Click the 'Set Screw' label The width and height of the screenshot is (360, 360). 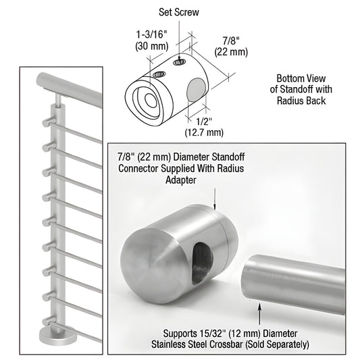[x=180, y=11]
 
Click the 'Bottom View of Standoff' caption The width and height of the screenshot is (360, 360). [x=302, y=89]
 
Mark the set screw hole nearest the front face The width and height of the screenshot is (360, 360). [x=159, y=74]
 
